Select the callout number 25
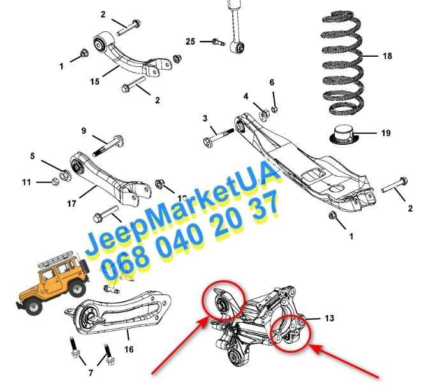pos(191,41)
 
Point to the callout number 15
pos(94,82)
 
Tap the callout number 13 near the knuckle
pos(328,317)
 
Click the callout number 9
pos(84,131)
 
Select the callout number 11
pos(26,182)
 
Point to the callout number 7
pos(91,373)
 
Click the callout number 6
pos(272,82)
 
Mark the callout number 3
pos(205,118)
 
